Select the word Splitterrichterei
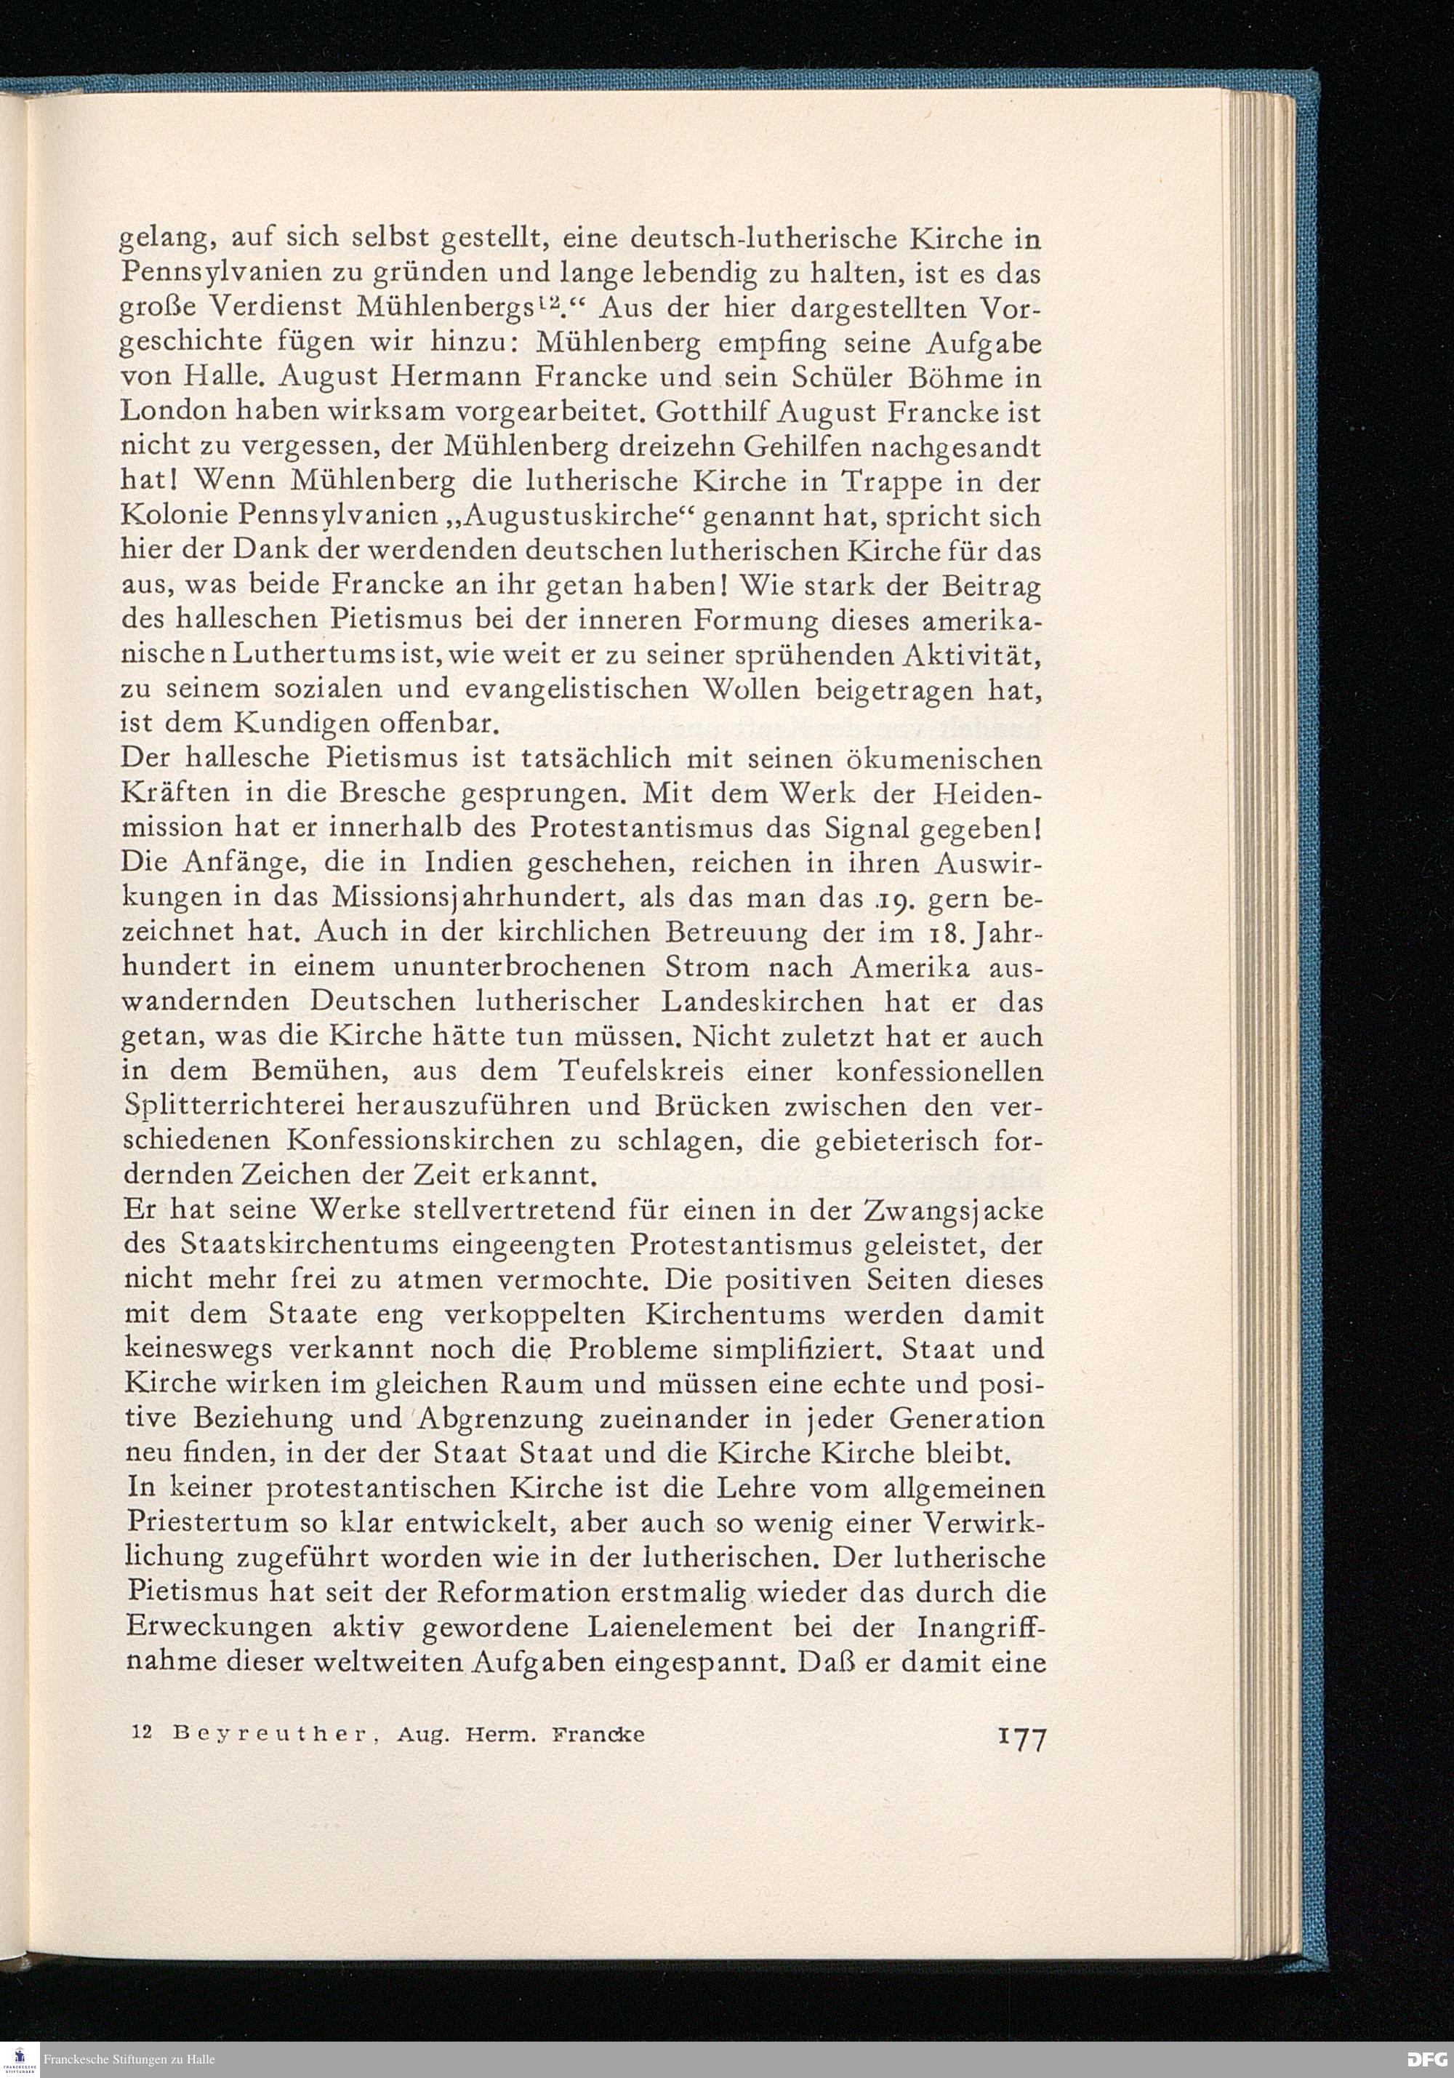(233, 1107)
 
